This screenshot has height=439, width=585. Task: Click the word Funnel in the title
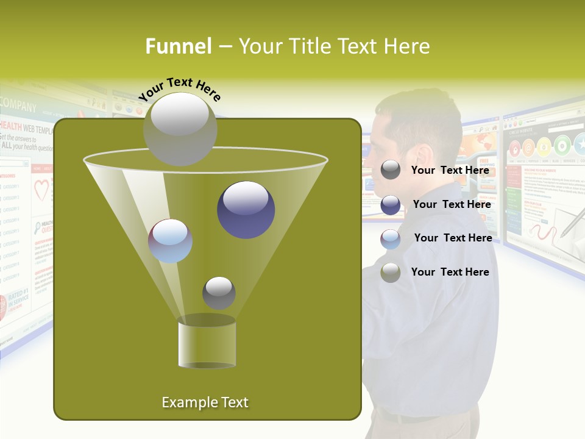[178, 46]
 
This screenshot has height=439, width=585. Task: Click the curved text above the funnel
[180, 90]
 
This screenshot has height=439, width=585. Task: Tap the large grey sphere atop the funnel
[180, 129]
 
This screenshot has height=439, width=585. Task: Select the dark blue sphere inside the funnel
[246, 209]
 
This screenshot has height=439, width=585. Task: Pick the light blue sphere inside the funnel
[170, 241]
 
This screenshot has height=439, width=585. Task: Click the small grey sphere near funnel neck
[219, 293]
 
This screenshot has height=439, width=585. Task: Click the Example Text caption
[205, 402]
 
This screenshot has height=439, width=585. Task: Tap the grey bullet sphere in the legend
[391, 170]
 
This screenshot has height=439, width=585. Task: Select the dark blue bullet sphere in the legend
[391, 205]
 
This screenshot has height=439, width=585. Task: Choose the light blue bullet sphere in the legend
[391, 239]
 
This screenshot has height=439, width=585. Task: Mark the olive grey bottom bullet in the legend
[391, 273]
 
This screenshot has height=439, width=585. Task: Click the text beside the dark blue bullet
[452, 204]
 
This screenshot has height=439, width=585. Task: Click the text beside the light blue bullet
[453, 238]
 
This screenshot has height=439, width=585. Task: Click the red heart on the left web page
[41, 190]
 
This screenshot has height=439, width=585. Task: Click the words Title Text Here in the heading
[334, 46]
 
